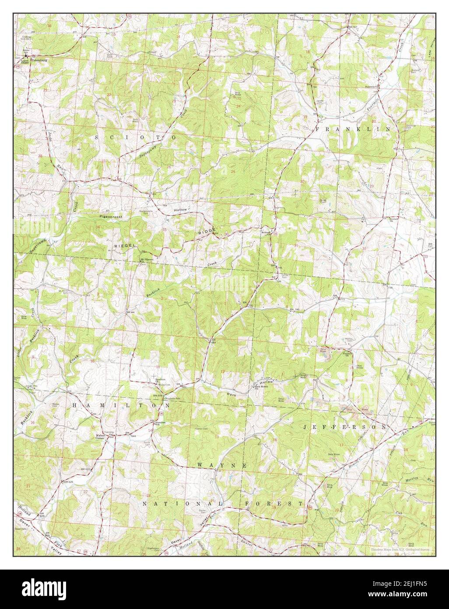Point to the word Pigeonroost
(112, 217)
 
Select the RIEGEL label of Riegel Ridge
(123, 246)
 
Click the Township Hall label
(109, 431)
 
